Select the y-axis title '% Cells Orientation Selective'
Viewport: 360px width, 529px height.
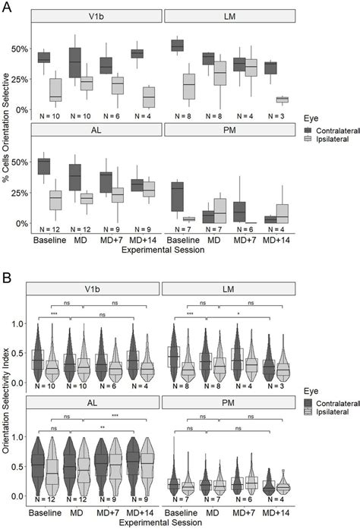7,125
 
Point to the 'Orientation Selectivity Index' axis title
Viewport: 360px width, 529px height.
7,395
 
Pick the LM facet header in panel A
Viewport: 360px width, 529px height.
229,16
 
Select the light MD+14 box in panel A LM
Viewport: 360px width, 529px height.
282,99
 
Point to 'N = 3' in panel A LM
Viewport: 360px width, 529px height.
276,115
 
